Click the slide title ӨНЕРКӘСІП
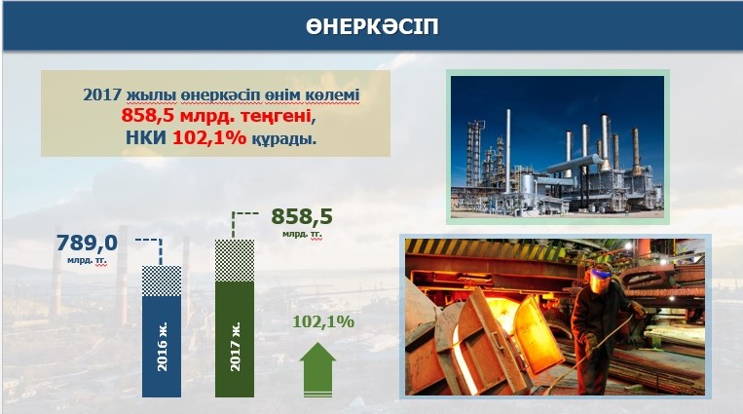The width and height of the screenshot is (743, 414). (372, 27)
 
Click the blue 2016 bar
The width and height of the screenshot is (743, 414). (162, 331)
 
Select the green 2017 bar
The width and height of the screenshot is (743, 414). (235, 319)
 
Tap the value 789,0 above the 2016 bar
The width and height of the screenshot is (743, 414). (87, 244)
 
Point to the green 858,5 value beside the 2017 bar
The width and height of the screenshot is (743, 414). (302, 216)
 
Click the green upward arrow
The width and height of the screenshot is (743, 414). (317, 370)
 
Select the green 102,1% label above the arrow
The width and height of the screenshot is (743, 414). (323, 321)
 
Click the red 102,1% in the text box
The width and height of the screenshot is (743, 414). (209, 137)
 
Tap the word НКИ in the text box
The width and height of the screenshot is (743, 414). (146, 137)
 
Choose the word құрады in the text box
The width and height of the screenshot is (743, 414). (283, 138)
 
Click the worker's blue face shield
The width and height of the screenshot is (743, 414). (599, 279)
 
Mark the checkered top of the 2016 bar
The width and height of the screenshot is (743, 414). (162, 282)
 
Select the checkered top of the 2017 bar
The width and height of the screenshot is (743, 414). (235, 261)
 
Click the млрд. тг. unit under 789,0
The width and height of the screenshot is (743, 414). (88, 260)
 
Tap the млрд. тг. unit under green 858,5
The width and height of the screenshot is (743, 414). (302, 234)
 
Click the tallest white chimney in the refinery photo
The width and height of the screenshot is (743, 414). (508, 151)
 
